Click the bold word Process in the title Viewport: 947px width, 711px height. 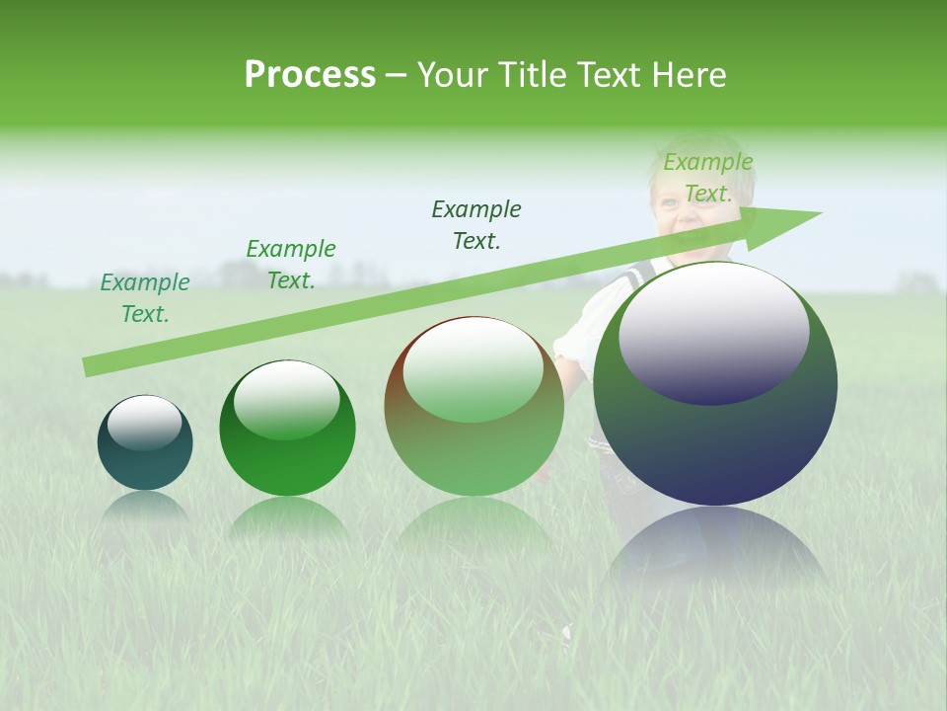[310, 74]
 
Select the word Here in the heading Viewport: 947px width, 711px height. [690, 74]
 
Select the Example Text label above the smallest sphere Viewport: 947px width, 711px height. [145, 298]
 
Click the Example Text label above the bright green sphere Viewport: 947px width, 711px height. [291, 265]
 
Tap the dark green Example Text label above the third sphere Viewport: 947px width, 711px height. [476, 224]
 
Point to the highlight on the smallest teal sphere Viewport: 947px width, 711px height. [144, 421]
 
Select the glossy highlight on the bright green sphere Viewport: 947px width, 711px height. [286, 397]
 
